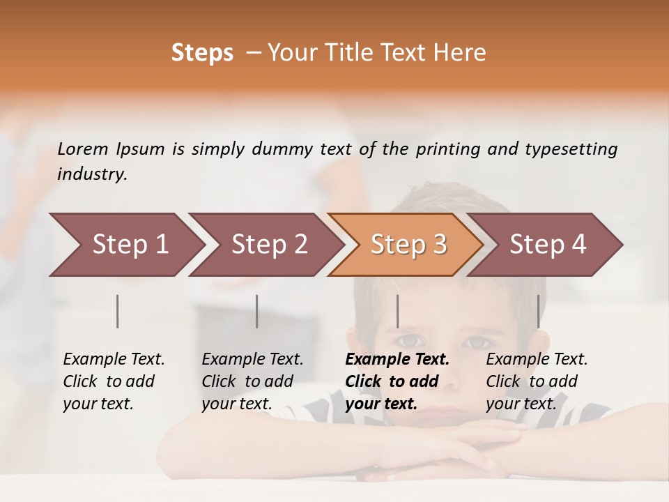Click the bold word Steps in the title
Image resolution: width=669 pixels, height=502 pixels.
pyautogui.click(x=202, y=53)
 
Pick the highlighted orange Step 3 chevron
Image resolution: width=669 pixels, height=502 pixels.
pyautogui.click(x=408, y=245)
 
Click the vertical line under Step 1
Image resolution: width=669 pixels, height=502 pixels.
pyautogui.click(x=118, y=311)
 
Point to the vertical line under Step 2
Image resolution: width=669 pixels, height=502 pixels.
pyautogui.click(x=257, y=311)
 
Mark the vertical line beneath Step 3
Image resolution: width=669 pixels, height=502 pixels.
pyautogui.click(x=397, y=311)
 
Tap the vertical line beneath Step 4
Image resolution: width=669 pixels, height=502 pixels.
pyautogui.click(x=538, y=311)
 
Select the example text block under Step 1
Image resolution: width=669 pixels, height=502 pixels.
pyautogui.click(x=114, y=381)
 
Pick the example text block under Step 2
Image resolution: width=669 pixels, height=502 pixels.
pyautogui.click(x=252, y=381)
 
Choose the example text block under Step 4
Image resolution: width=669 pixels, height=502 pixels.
pyautogui.click(x=537, y=381)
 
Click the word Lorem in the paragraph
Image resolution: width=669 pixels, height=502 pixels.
pyautogui.click(x=83, y=149)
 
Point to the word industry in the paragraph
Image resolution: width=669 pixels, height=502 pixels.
pyautogui.click(x=91, y=174)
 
